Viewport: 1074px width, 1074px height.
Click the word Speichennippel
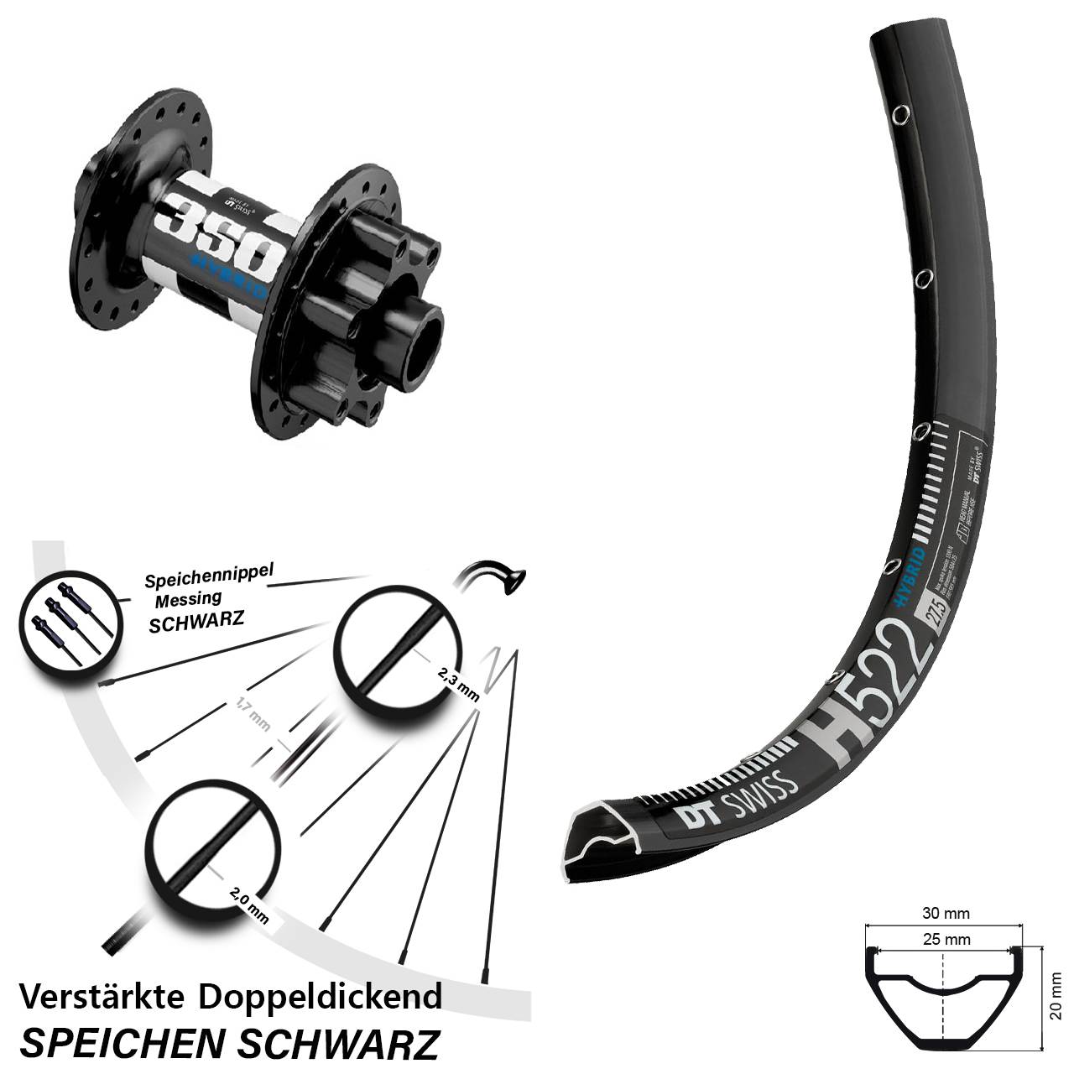tap(209, 577)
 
